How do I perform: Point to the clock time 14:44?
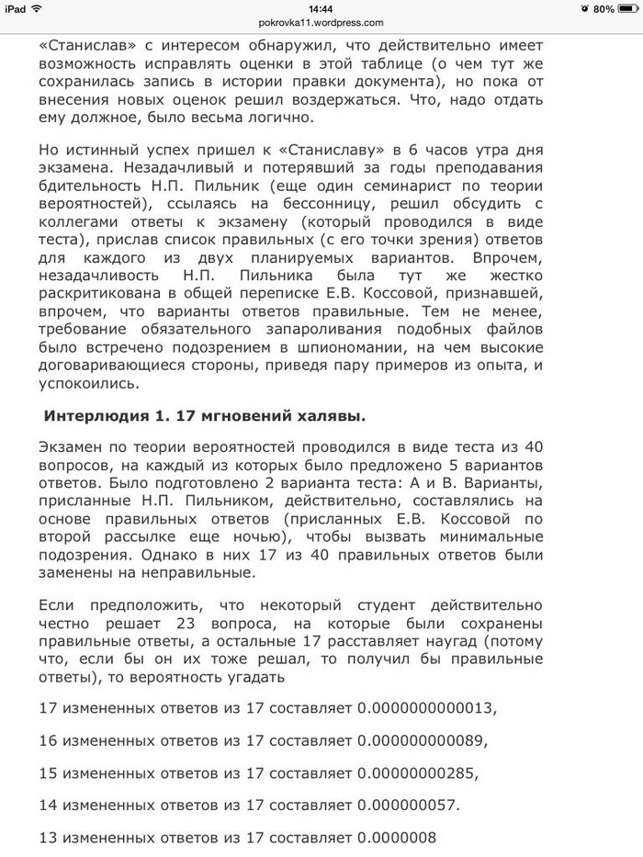pos(321,8)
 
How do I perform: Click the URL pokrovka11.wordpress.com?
pos(321,23)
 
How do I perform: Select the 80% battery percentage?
pos(602,8)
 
